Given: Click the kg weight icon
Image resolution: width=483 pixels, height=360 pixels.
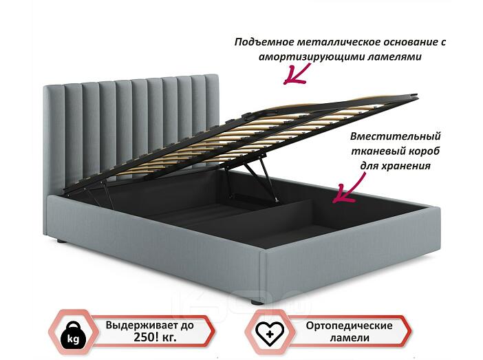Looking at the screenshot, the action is [x=74, y=335].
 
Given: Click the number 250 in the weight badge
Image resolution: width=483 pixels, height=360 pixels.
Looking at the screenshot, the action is [x=144, y=337].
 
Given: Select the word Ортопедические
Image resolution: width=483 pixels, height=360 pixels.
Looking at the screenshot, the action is [x=349, y=326].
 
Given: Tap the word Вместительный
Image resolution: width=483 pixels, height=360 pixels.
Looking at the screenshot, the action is [x=395, y=136].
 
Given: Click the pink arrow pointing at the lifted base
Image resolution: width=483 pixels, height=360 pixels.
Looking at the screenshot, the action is [x=297, y=74].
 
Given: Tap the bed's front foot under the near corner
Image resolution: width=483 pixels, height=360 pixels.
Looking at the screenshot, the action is [x=258, y=302].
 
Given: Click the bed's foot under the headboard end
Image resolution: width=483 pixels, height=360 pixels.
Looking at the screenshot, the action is [x=62, y=241].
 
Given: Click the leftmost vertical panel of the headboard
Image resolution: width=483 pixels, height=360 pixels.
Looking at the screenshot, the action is [x=56, y=138].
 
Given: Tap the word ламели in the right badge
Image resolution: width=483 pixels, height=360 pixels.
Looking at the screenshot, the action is [x=350, y=338].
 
